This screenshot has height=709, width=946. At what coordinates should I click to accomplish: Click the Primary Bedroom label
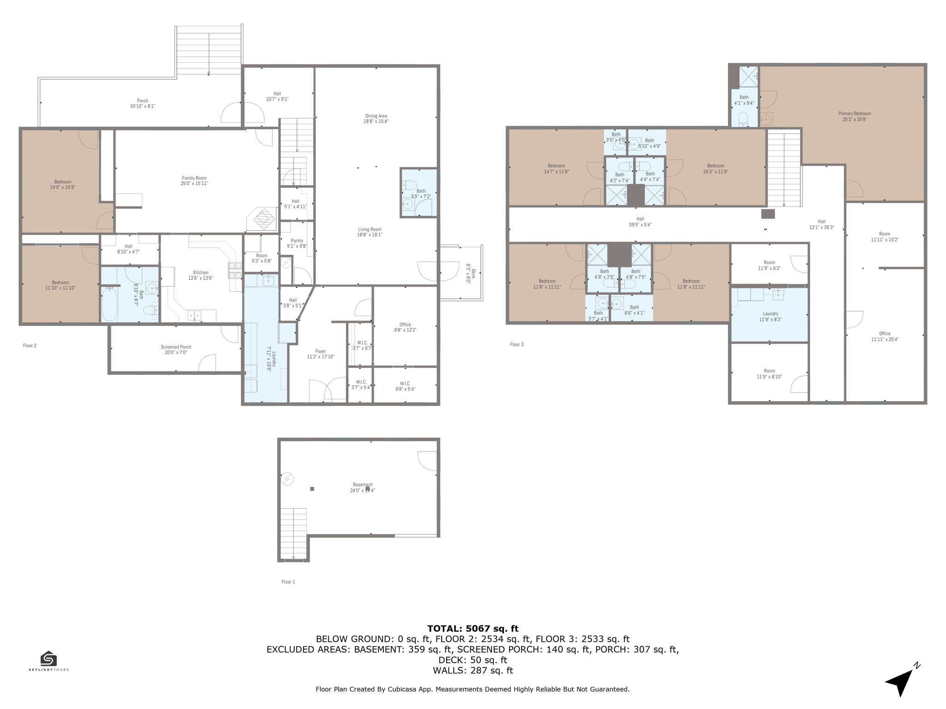(x=855, y=114)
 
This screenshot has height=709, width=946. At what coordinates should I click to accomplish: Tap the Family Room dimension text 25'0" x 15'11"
(x=194, y=184)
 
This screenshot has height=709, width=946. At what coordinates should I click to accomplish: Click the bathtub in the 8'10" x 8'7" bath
(x=109, y=304)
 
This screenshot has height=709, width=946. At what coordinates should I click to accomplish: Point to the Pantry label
(x=297, y=240)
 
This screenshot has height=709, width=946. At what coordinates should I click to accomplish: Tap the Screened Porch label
(x=176, y=347)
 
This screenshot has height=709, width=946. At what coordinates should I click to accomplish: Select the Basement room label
(x=363, y=485)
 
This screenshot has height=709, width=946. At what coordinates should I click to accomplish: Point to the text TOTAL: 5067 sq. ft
(x=473, y=629)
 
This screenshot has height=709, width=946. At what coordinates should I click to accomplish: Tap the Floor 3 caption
(x=516, y=344)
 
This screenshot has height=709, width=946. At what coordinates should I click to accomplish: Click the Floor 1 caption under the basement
(x=288, y=582)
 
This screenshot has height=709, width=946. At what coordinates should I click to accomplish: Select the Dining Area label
(x=376, y=116)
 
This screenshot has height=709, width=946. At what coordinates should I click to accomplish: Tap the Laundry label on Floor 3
(x=770, y=314)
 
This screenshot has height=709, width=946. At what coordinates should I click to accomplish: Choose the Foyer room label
(x=321, y=351)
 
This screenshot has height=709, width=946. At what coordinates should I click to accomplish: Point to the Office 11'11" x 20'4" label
(x=885, y=334)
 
